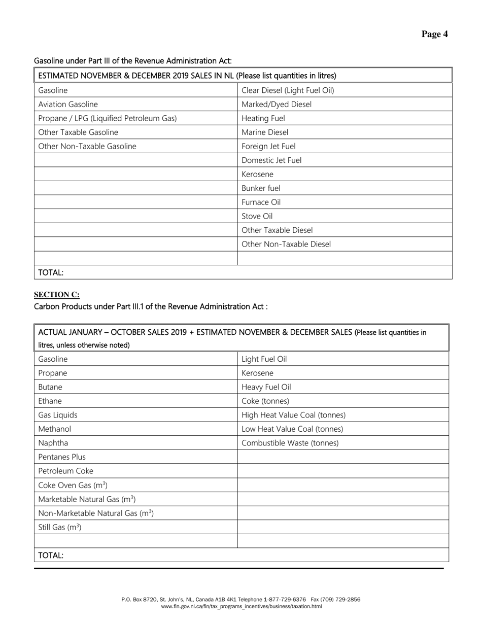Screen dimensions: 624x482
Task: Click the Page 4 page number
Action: coord(434,34)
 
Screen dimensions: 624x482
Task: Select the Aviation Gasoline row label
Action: coord(68,105)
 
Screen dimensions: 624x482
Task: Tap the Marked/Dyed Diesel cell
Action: coord(277,105)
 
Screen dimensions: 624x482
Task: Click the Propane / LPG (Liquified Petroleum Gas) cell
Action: coord(108,118)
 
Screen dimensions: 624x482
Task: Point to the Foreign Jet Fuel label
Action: coord(268,146)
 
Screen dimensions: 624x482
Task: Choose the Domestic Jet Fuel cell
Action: coord(271,160)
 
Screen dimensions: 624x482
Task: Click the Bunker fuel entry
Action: coord(261,188)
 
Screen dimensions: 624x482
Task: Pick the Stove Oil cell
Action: coord(257,216)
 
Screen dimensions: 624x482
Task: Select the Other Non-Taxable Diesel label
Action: coord(286,244)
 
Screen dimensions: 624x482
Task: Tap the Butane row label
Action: coord(50,387)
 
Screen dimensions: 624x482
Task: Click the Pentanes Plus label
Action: coord(62,457)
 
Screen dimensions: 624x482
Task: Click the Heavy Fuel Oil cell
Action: coord(266,387)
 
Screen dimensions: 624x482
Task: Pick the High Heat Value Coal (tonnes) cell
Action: coord(294,415)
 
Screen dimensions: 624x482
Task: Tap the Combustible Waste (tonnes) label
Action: coord(290,443)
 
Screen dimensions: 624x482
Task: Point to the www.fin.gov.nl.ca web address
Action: coord(241,606)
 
